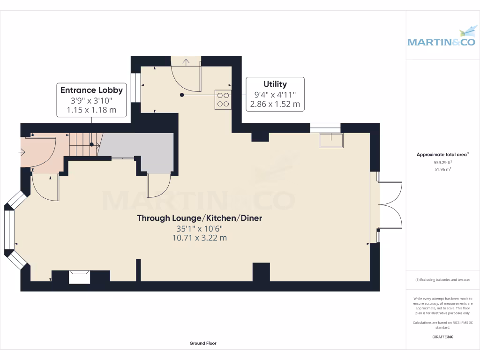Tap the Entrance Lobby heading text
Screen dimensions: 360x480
91,90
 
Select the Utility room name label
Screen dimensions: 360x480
275,84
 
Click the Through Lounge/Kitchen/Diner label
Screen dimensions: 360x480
199,218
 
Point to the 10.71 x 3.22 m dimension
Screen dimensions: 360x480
199,238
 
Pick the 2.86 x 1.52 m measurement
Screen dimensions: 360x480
275,104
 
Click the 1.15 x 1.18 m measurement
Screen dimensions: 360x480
91,111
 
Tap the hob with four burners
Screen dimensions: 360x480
223,99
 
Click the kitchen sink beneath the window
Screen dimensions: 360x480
330,140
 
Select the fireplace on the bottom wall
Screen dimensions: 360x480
79,277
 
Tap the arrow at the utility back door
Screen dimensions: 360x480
186,62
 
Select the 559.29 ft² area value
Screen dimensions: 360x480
442,162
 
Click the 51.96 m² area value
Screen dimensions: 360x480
442,169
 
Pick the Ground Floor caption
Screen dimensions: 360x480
203,343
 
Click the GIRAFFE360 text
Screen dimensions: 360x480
442,337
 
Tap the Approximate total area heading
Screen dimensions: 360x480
442,154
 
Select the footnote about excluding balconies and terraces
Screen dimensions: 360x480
442,280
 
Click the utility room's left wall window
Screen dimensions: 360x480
136,88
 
